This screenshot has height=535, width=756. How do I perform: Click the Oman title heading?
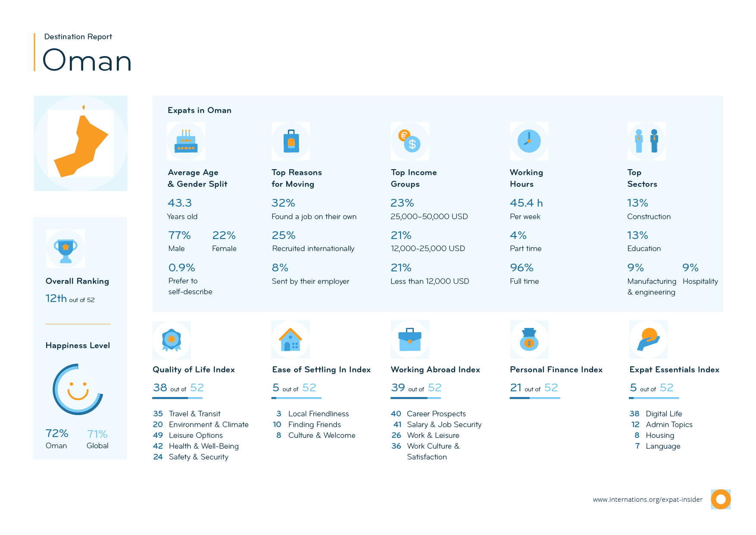(x=87, y=60)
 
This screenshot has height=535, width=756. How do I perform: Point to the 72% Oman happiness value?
(x=57, y=433)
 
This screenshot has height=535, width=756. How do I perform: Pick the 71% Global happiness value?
(x=97, y=434)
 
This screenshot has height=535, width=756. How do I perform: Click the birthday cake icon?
(x=186, y=142)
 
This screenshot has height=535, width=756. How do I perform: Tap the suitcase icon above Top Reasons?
(x=291, y=141)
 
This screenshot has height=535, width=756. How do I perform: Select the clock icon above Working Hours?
(x=529, y=141)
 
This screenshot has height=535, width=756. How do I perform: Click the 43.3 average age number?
(x=180, y=203)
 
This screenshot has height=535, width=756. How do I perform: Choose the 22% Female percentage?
(x=224, y=235)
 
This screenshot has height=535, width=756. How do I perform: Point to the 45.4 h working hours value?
(x=526, y=203)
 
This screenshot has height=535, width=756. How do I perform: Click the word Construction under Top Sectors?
(x=649, y=217)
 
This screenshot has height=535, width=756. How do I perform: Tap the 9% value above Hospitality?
(x=690, y=267)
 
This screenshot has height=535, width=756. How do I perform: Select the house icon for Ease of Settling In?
(x=291, y=340)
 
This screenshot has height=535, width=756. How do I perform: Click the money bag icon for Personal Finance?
(x=529, y=340)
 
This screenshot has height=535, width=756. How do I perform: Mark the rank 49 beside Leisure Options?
(x=158, y=435)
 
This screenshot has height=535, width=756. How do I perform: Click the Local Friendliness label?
(x=319, y=414)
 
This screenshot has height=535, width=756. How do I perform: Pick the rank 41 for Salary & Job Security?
(x=397, y=425)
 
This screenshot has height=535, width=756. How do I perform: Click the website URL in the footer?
(x=647, y=500)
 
